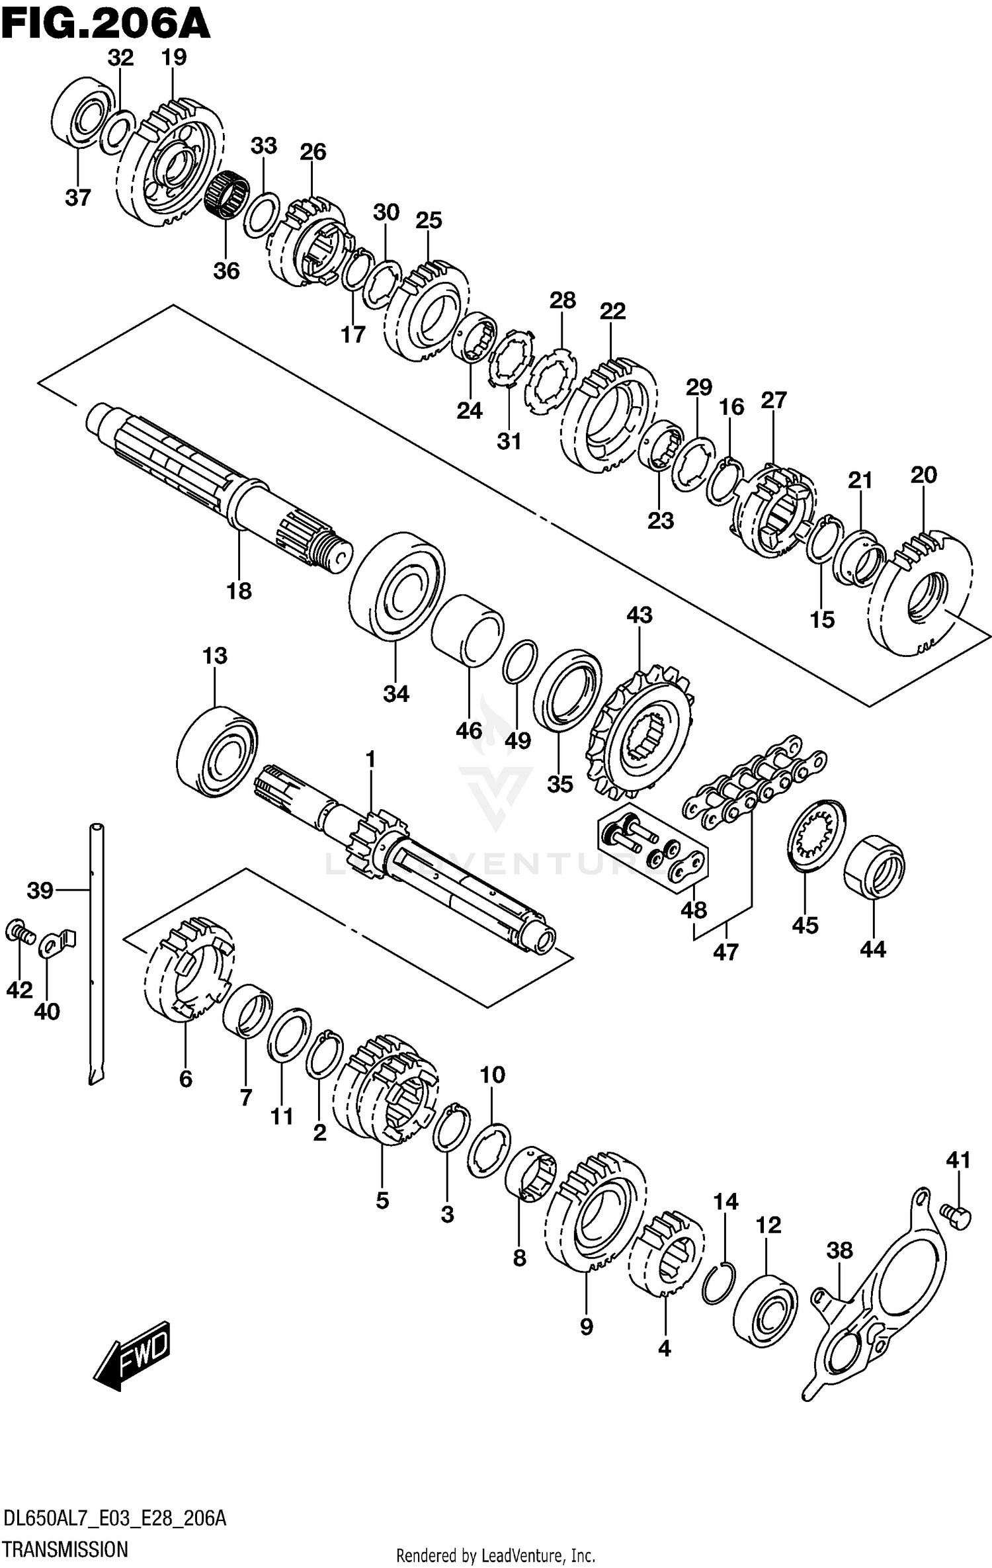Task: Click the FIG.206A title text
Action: (x=106, y=25)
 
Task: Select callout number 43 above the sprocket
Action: (x=640, y=615)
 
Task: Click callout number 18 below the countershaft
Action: (x=239, y=591)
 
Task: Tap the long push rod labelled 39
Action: (x=97, y=953)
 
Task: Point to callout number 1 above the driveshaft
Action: (x=370, y=759)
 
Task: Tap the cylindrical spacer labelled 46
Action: (x=468, y=629)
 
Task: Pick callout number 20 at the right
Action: (x=923, y=474)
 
